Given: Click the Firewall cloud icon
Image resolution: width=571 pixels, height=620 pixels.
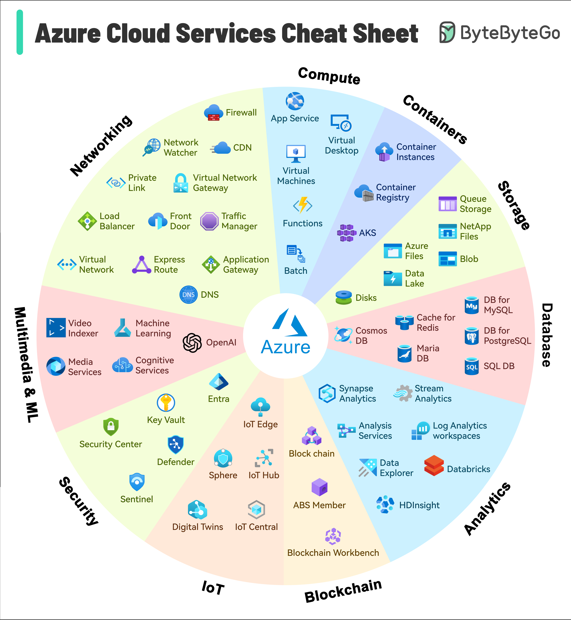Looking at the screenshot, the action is pyautogui.click(x=214, y=112).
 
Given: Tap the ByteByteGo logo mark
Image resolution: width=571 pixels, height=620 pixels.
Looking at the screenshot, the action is pyautogui.click(x=447, y=32).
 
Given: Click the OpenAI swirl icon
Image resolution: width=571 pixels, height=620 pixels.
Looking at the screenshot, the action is pyautogui.click(x=192, y=342).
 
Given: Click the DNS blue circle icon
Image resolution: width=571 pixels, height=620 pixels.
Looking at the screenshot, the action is pyautogui.click(x=189, y=294).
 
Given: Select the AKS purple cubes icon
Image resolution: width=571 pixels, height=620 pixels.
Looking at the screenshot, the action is pyautogui.click(x=346, y=233).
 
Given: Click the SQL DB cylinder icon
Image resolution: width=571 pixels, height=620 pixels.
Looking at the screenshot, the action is pyautogui.click(x=472, y=366).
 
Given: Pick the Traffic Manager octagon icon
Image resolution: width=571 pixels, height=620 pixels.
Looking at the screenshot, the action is pyautogui.click(x=209, y=221).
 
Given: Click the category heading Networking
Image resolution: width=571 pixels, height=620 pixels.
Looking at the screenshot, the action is pyautogui.click(x=101, y=145).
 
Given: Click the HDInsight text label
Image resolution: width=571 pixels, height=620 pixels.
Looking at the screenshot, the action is pyautogui.click(x=419, y=505).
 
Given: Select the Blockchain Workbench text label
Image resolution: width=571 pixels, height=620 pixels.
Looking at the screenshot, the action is pyautogui.click(x=333, y=553).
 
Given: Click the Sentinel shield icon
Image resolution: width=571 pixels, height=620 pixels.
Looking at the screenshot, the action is pyautogui.click(x=137, y=482).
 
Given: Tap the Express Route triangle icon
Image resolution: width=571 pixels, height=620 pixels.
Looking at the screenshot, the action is pyautogui.click(x=141, y=265).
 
